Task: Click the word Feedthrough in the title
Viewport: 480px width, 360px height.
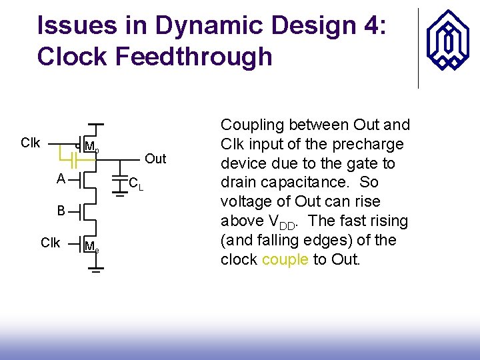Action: coord(194,57)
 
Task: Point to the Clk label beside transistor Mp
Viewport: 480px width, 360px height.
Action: coord(31,143)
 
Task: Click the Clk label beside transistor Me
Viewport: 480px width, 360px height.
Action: coord(50,243)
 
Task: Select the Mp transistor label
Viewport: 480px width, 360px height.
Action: coord(92,147)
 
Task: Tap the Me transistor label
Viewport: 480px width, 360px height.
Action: coord(92,247)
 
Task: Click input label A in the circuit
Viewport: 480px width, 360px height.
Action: coord(61,179)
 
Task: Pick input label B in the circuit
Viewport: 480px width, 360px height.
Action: coord(61,211)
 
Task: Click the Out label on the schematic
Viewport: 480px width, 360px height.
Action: coord(155,159)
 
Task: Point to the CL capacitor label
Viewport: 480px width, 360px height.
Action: coord(136,182)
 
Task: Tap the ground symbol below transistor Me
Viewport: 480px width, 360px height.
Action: coord(97,271)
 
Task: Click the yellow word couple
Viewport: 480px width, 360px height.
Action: coord(285,259)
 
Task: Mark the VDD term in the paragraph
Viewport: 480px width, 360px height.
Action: coord(279,223)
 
